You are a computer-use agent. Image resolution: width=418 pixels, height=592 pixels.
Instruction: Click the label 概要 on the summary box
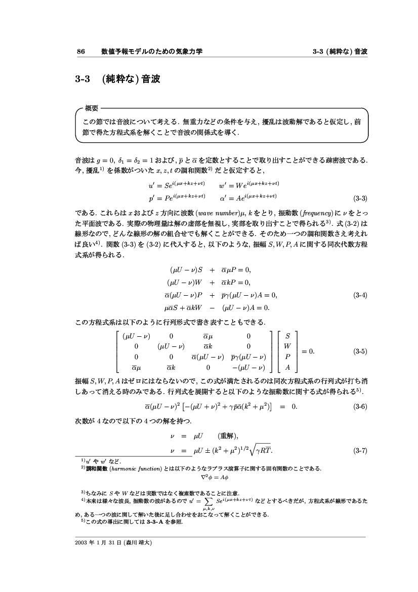[x=92, y=108]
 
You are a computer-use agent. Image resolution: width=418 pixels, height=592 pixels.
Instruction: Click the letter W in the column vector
[x=287, y=346]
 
